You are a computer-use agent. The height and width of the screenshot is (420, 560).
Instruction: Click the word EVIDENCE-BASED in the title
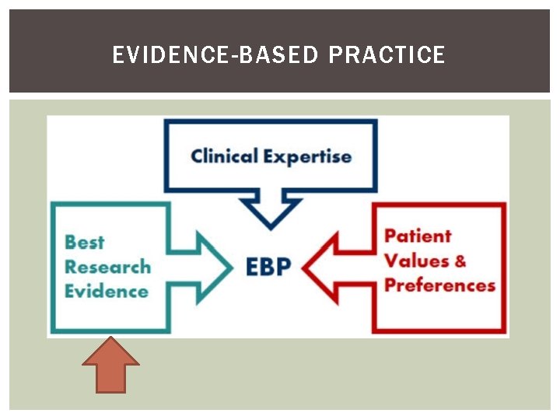pyautogui.click(x=215, y=55)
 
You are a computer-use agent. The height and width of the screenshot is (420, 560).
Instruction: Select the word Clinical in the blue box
pyautogui.click(x=224, y=156)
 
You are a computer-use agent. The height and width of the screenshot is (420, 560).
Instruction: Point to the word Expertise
pyautogui.click(x=307, y=156)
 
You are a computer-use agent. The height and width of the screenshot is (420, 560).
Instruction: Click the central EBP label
pyautogui.click(x=268, y=267)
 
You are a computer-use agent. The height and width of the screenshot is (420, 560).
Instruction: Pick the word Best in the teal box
pyautogui.click(x=84, y=242)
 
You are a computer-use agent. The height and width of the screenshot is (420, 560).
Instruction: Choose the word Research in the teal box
pyautogui.click(x=107, y=267)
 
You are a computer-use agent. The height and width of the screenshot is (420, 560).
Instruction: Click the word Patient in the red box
pyautogui.click(x=418, y=236)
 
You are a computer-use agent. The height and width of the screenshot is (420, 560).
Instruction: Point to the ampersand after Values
pyautogui.click(x=460, y=261)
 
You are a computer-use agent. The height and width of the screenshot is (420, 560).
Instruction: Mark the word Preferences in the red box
pyautogui.click(x=439, y=285)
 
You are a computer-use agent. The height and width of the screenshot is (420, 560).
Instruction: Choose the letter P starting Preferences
pyautogui.click(x=391, y=285)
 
